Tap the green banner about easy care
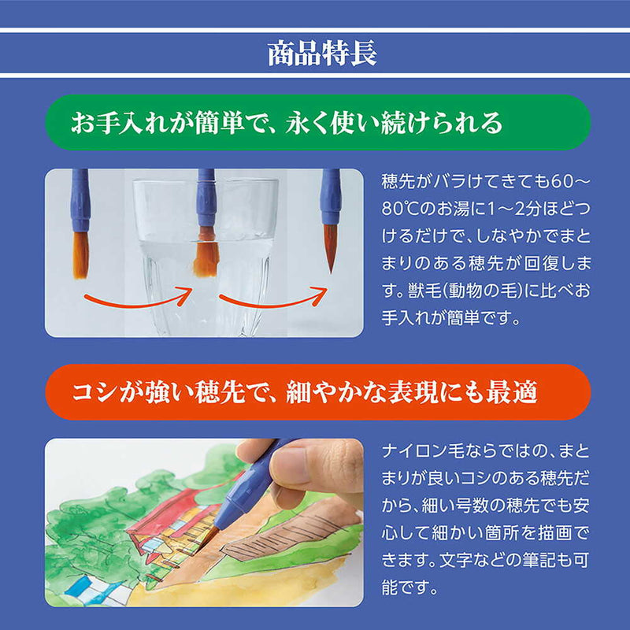pyautogui.click(x=315, y=123)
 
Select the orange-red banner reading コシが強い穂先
pyautogui.click(x=315, y=391)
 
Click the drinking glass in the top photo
pyautogui.click(x=206, y=260)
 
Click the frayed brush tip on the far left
pyautogui.click(x=80, y=254)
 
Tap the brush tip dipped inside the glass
pyautogui.click(x=206, y=255)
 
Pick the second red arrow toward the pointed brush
pyautogui.click(x=272, y=298)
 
